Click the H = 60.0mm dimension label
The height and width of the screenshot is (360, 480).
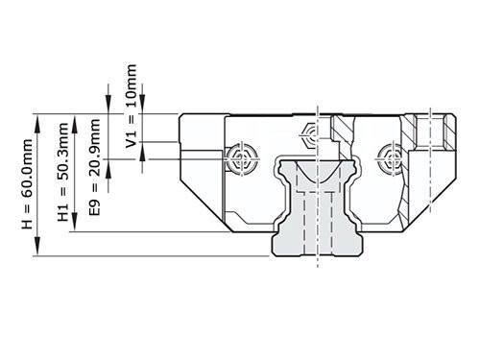(26, 183)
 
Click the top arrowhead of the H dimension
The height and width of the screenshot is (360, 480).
(39, 118)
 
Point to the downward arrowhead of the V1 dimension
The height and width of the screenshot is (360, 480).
(142, 108)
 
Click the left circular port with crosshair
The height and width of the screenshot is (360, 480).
(240, 156)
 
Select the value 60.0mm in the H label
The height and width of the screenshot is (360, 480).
(26, 168)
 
